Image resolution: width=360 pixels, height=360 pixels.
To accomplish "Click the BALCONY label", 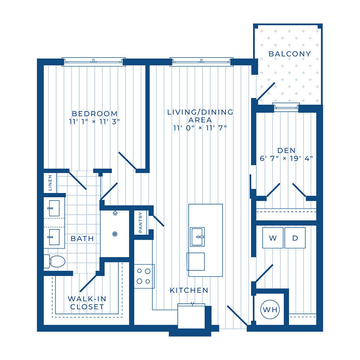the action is pos(290,54).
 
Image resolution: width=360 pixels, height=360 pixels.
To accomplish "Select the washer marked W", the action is pos(273,238).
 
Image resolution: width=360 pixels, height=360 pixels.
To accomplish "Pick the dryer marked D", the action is pos(295,238).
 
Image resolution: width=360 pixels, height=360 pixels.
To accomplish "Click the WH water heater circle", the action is pos(270,310).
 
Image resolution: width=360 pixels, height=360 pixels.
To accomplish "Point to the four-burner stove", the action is pos(144,276).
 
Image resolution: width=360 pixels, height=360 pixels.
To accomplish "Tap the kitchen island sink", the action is pos(197,237).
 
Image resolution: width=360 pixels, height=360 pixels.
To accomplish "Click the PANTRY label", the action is pos(140,222).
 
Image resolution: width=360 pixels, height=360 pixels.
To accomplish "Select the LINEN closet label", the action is pos(50,183).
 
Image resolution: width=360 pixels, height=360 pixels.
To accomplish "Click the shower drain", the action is pos(115,234).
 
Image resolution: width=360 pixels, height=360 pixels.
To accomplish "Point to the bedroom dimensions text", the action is pos(95,122).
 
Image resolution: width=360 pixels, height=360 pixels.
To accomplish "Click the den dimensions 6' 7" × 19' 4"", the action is pos(286,158).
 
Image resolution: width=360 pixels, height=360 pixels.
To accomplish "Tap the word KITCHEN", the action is pos(189,291).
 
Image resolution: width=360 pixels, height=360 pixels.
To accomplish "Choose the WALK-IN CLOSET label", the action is pos(87,303).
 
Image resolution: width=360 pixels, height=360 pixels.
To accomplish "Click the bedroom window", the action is pos(94,62).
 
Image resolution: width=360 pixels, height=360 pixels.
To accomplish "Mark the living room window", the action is pos(202,62).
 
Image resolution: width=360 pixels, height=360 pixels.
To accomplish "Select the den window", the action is pos(286,107).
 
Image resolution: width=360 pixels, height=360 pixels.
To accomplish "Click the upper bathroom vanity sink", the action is pos(54,208).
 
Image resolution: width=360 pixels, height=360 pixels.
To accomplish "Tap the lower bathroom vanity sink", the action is pos(54,237).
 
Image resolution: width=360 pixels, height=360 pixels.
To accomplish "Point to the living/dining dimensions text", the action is pos(200,128).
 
